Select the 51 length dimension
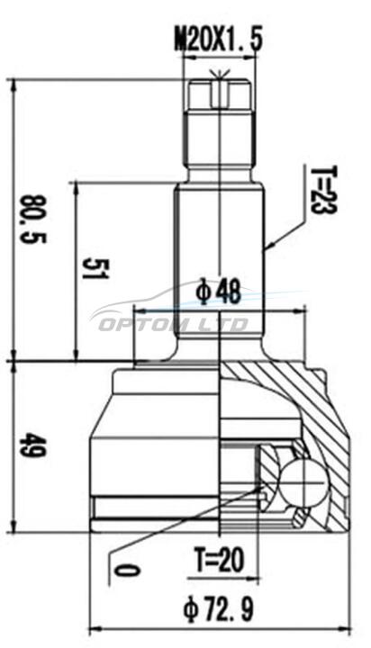click(x=95, y=268)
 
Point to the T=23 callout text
click(x=325, y=190)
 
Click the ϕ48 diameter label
click(x=219, y=292)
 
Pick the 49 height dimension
click(x=33, y=445)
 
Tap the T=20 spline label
click(x=219, y=560)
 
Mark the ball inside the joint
click(x=303, y=482)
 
